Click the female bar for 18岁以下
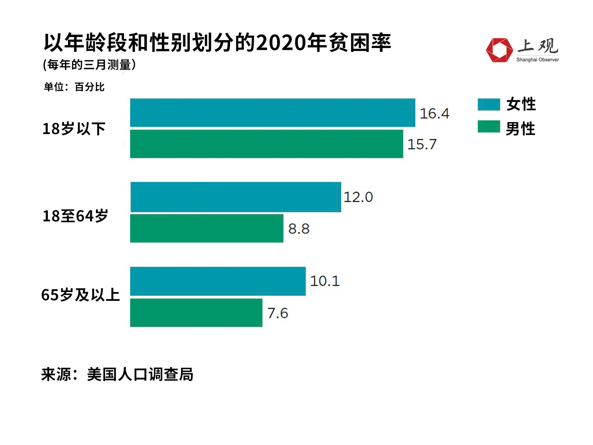tap(272, 113)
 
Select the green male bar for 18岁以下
tap(266, 144)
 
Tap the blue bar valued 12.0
tap(236, 197)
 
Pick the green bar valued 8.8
tap(206, 228)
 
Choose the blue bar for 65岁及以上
tap(218, 281)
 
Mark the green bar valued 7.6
tap(196, 313)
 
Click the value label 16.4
tap(434, 114)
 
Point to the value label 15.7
tap(422, 144)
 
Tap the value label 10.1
tap(325, 281)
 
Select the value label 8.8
tap(299, 229)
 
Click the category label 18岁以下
tap(74, 129)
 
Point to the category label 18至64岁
tap(75, 216)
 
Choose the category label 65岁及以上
tap(81, 295)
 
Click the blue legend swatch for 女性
tap(489, 105)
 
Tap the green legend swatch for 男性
tap(489, 127)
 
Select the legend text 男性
tap(521, 129)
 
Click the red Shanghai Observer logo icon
tap(499, 50)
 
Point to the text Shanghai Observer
tap(537, 60)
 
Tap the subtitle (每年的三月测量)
tap(89, 65)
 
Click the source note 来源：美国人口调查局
tap(117, 374)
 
